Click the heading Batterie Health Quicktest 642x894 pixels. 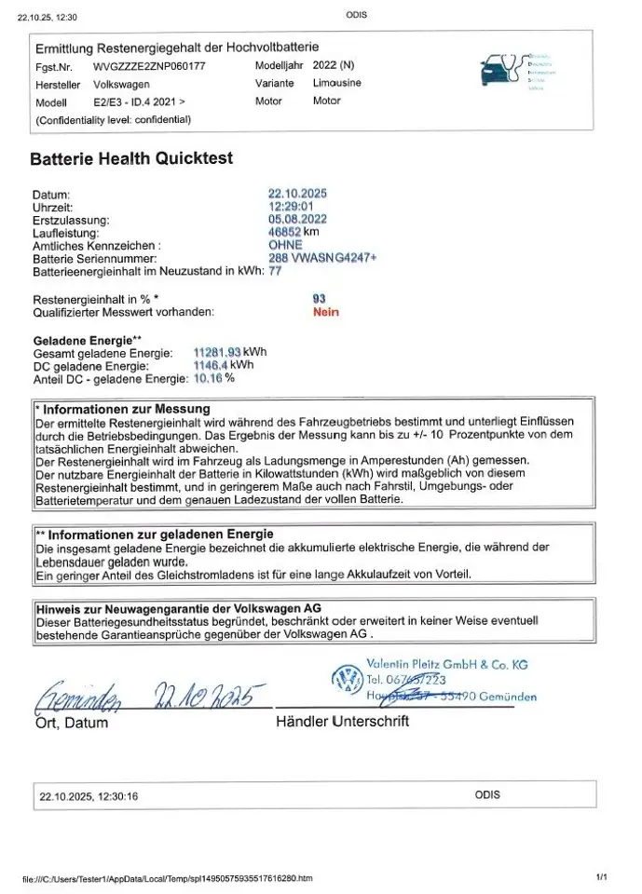pos(131,158)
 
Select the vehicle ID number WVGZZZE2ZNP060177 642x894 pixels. pos(150,67)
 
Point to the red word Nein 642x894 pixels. pos(326,312)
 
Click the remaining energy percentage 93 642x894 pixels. pos(320,299)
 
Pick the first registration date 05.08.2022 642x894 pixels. pos(297,219)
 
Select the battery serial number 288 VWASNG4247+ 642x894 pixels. pos(321,257)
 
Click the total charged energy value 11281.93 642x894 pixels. pos(216,352)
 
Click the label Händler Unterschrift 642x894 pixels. pos(342,721)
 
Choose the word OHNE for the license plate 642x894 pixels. pos(284,245)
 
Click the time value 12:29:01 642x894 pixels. pos(290,206)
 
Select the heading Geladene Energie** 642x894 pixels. pos(87,340)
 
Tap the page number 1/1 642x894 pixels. pos(601,877)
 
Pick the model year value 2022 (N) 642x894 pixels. pos(334,67)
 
